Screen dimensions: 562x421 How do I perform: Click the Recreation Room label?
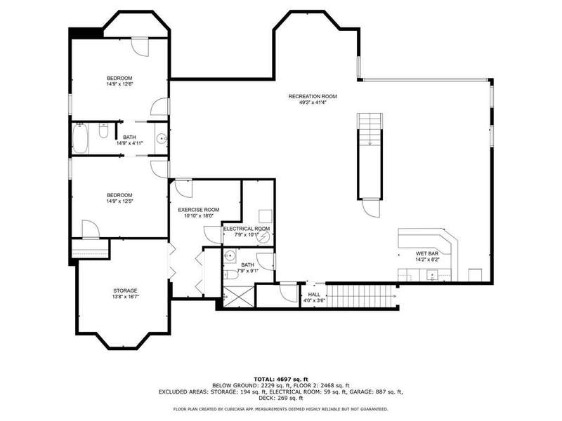313,96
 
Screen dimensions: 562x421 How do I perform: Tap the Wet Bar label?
427,253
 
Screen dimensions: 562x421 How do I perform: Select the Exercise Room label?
199,210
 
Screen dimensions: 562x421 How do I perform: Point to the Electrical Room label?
247,229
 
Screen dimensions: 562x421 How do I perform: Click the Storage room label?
125,290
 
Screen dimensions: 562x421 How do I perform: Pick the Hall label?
314,295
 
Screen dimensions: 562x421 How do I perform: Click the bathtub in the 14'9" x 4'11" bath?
79,138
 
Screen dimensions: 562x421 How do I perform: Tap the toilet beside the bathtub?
103,131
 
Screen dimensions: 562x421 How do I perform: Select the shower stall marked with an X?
238,296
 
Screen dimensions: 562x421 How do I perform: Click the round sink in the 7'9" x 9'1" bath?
230,256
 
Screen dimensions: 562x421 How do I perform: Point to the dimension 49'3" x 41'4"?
313,102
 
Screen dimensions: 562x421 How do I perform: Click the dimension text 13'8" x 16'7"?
125,297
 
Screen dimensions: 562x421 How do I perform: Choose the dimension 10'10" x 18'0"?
199,216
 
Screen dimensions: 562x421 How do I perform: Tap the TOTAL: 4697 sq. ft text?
280,379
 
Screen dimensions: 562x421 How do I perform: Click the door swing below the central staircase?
371,208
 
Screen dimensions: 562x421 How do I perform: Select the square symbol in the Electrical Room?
266,216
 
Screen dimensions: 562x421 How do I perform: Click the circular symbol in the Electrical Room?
265,236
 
